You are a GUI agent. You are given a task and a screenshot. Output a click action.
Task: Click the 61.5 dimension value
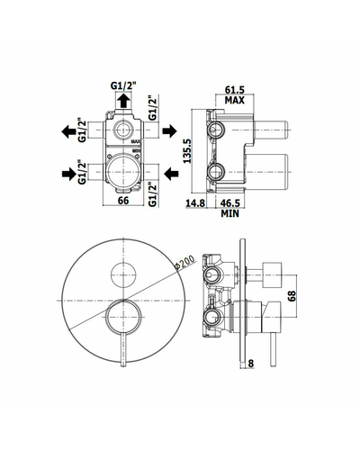[x=235, y=89]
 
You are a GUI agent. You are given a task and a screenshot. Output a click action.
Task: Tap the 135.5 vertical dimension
[x=187, y=151]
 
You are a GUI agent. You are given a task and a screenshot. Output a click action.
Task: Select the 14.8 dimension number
[x=195, y=203]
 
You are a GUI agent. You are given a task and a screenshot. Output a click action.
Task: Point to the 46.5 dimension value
[x=230, y=203]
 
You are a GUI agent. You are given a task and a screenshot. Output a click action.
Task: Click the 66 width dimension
[x=123, y=201]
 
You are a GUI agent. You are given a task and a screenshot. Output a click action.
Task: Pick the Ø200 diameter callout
[x=184, y=262]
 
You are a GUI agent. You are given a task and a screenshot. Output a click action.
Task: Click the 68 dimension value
[x=292, y=295]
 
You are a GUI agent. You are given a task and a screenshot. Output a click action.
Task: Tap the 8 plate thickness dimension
[x=251, y=364]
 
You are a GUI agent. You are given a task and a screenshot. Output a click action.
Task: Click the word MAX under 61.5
[x=235, y=100]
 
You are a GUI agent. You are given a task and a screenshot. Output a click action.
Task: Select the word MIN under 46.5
[x=230, y=213]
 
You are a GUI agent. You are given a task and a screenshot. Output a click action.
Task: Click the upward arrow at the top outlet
[x=123, y=100]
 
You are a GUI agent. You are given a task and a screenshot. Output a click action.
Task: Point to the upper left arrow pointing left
[x=68, y=131]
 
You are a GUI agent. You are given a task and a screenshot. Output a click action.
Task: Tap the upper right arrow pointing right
[x=170, y=130]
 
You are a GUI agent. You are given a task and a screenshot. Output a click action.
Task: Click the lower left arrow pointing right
[x=68, y=174]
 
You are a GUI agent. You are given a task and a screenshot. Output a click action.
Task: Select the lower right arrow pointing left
[x=171, y=174]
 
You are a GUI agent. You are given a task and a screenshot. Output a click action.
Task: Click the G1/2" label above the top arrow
[x=123, y=86]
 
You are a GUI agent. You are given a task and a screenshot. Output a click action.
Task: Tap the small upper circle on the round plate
[x=123, y=262]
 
